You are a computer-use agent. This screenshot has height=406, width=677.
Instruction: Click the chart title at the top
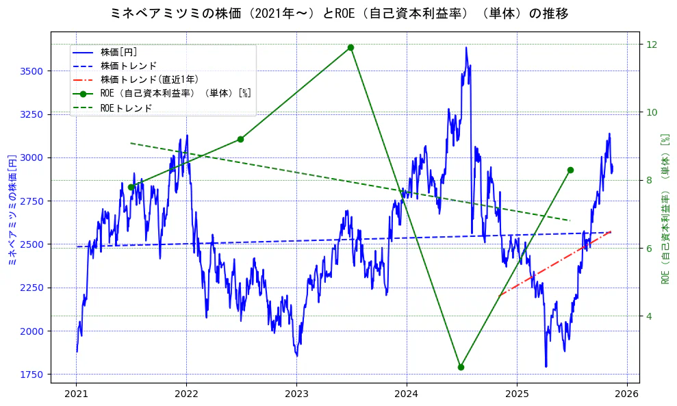pyautogui.click(x=338, y=13)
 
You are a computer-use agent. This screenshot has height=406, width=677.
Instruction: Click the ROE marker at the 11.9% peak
pyautogui.click(x=350, y=47)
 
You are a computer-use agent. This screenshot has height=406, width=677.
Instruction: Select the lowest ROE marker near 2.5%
pyautogui.click(x=461, y=367)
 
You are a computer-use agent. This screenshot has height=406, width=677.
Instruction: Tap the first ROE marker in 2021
pyautogui.click(x=131, y=187)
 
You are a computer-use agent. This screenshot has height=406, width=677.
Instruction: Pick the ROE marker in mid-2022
pyautogui.click(x=240, y=139)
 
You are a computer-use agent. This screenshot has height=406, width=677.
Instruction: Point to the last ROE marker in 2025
pyautogui.click(x=570, y=170)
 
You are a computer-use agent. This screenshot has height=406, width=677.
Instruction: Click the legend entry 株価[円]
pyautogui.click(x=119, y=51)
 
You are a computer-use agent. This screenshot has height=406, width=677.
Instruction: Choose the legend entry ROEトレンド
pyautogui.click(x=126, y=108)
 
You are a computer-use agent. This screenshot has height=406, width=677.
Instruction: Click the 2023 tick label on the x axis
pyautogui.click(x=296, y=394)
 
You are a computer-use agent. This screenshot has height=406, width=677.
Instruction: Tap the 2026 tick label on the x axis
pyautogui.click(x=626, y=394)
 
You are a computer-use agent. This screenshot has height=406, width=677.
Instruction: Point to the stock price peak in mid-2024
pyautogui.click(x=466, y=48)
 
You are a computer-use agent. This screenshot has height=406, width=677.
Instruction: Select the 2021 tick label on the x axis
pyautogui.click(x=76, y=394)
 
